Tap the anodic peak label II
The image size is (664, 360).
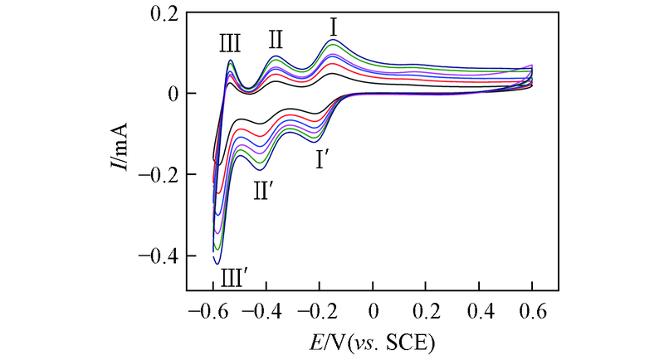[x=276, y=39]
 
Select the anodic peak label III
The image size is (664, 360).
[x=231, y=41]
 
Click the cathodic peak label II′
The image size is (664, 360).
[x=264, y=190]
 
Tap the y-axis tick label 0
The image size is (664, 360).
[x=173, y=95]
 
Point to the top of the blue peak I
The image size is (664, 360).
[x=333, y=40]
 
